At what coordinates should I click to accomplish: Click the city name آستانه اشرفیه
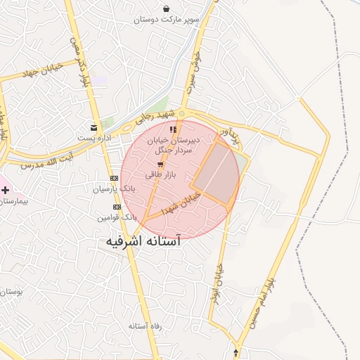[143, 241]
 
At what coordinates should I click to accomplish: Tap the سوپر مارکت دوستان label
[167, 20]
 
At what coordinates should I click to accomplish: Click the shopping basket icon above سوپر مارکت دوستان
[166, 9]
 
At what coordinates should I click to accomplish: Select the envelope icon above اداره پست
[94, 127]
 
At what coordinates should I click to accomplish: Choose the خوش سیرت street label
[193, 70]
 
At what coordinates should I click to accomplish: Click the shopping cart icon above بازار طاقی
[160, 164]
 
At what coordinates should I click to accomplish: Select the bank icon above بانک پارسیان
[115, 179]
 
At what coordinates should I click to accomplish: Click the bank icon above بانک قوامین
[117, 207]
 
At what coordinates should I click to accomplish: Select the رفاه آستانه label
[146, 327]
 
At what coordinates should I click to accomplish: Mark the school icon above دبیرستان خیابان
[174, 129]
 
